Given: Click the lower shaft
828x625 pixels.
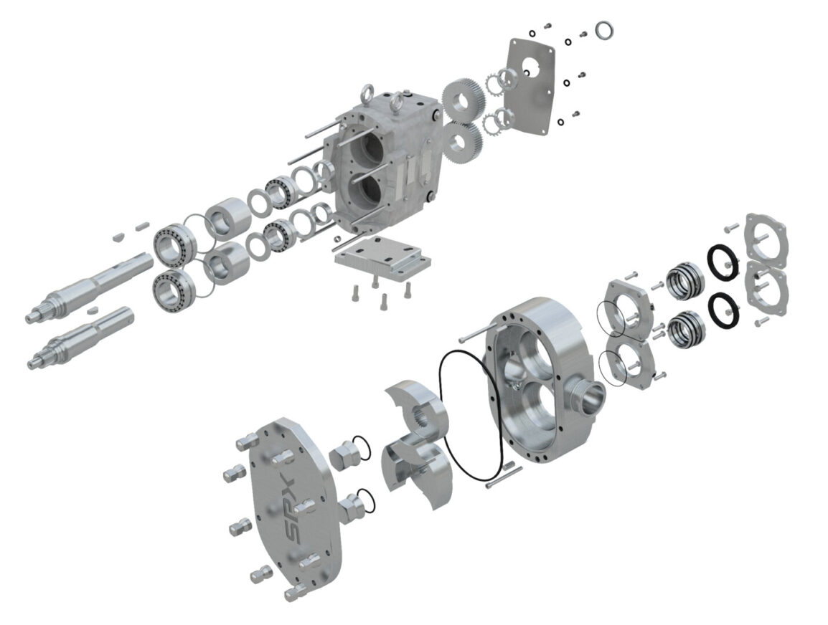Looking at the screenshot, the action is [79, 338].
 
